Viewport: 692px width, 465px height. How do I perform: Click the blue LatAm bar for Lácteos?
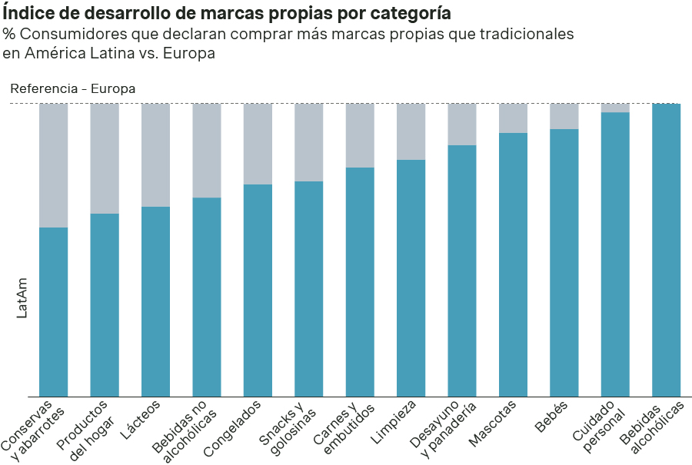click(x=156, y=301)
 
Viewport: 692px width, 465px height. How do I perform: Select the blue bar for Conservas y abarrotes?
click(x=54, y=312)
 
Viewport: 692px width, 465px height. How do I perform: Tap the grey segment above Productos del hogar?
click(x=105, y=158)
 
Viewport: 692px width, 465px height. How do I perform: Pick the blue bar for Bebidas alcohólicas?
click(x=666, y=251)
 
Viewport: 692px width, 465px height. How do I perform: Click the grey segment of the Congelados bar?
click(x=258, y=144)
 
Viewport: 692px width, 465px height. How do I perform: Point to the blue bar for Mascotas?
click(x=513, y=264)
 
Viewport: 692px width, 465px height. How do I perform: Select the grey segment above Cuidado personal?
click(x=615, y=108)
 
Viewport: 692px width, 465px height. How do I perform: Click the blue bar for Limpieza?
click(x=411, y=278)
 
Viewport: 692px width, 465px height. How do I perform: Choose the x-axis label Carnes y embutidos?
click(x=342, y=427)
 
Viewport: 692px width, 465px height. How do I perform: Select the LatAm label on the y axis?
click(x=22, y=298)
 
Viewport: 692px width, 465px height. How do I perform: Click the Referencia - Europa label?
click(x=73, y=88)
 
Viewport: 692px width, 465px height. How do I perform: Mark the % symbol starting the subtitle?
click(x=9, y=35)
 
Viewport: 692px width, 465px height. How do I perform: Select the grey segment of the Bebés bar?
click(x=564, y=116)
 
